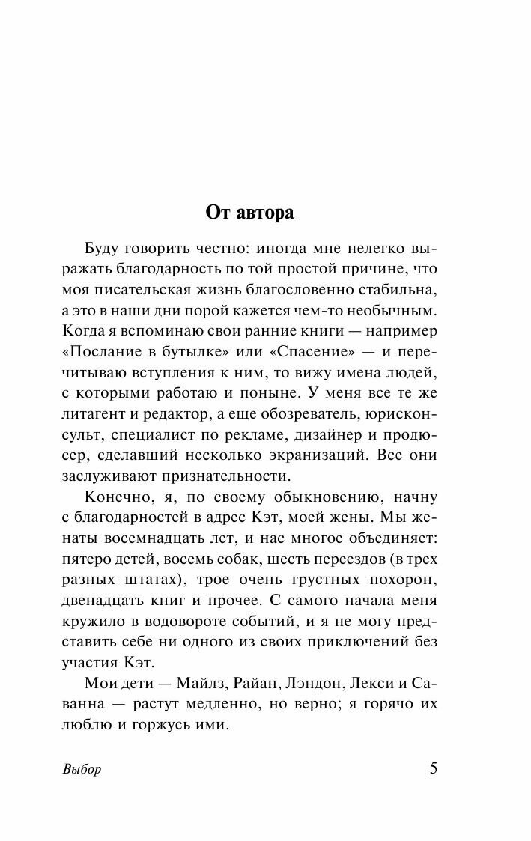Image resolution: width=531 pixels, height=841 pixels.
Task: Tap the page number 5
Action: (434, 769)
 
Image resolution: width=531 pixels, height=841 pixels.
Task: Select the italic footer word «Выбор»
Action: (78, 770)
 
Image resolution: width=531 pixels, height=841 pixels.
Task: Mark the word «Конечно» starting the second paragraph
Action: (115, 497)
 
